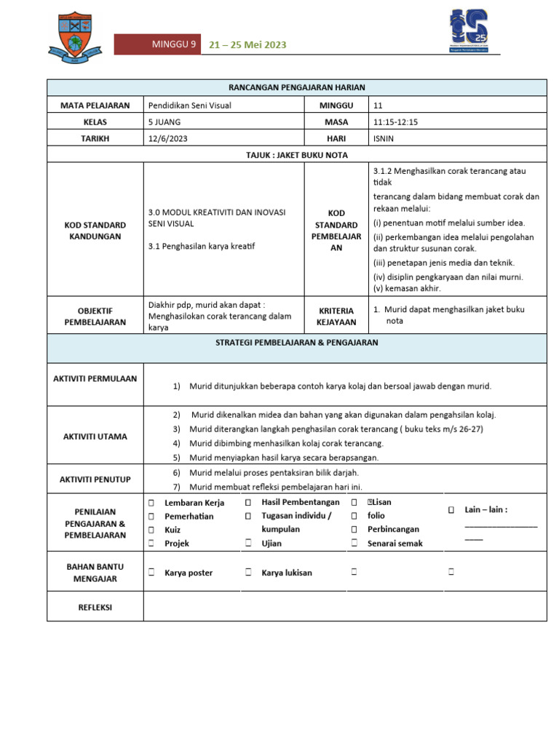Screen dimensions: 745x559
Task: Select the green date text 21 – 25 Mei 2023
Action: point(247,45)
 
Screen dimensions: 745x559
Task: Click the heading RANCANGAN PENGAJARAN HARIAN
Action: point(297,87)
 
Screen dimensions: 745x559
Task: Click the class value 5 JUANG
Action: point(164,122)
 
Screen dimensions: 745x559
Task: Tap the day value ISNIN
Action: point(384,139)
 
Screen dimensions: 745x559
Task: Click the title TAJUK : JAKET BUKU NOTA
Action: point(297,155)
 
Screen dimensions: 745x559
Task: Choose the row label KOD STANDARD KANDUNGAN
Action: point(95,231)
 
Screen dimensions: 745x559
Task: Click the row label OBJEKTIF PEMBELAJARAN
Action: point(95,316)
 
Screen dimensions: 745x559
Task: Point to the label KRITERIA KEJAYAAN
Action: point(336,316)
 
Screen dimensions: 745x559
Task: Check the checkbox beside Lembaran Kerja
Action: point(151,503)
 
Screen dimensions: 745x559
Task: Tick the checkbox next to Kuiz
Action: point(151,530)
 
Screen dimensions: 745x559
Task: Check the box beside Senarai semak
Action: point(354,543)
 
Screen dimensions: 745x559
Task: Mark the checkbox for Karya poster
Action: point(151,573)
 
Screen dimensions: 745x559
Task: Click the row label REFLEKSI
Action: point(95,607)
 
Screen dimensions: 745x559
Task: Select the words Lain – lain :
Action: point(485,510)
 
